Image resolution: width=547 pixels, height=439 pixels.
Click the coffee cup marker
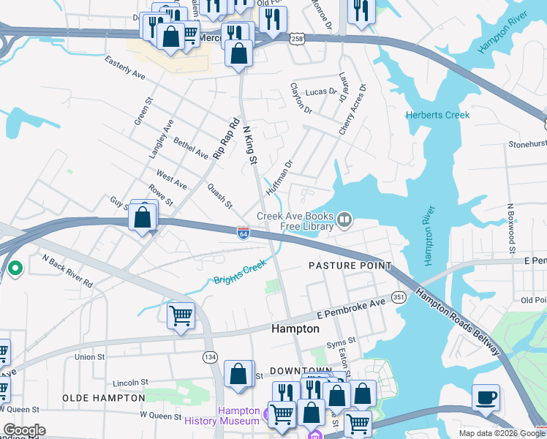(486, 398)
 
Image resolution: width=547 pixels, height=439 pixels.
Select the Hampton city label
(295, 329)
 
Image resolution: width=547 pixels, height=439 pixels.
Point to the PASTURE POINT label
(350, 265)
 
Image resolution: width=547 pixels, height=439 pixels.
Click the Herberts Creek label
(437, 115)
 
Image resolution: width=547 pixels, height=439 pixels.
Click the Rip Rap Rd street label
(227, 139)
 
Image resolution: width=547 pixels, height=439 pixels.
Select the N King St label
(249, 143)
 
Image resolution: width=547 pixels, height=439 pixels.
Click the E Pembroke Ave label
(350, 309)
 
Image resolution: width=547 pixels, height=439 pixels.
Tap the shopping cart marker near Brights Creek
(181, 316)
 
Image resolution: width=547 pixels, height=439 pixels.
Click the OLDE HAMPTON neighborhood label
(103, 397)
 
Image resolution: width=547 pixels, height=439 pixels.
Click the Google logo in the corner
(24, 430)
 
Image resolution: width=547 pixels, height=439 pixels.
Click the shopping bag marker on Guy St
(143, 217)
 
